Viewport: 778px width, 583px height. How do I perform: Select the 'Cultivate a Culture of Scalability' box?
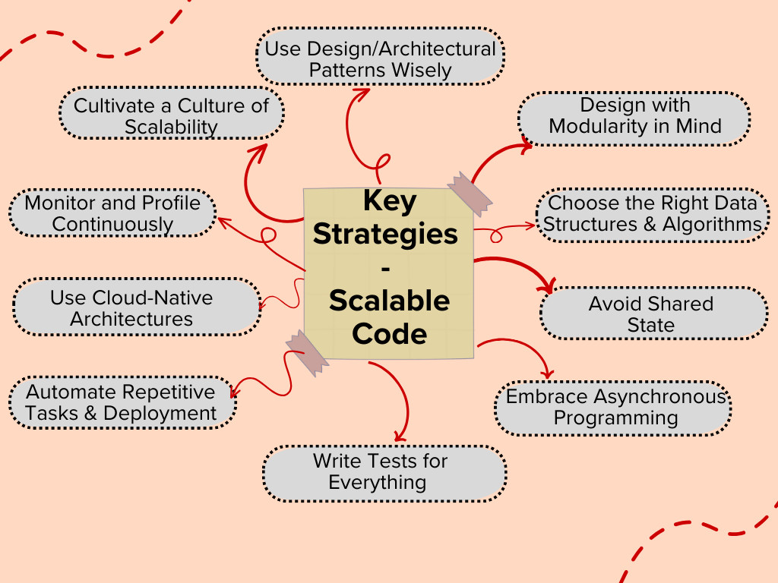pyautogui.click(x=171, y=115)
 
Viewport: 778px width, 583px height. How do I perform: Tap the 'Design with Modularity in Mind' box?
pyautogui.click(x=634, y=115)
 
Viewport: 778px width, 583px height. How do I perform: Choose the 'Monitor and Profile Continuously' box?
pyautogui.click(x=112, y=213)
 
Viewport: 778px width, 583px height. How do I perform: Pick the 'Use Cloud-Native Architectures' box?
pyautogui.click(x=137, y=308)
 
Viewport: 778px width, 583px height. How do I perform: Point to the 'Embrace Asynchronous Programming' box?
pyautogui.click(x=614, y=407)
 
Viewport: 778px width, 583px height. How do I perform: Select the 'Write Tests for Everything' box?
pyautogui.click(x=384, y=472)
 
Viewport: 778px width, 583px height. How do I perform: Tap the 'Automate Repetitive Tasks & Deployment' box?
pyautogui.click(x=122, y=402)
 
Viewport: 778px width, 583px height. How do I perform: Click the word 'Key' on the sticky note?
pyautogui.click(x=390, y=201)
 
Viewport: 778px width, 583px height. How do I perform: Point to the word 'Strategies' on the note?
pyautogui.click(x=386, y=234)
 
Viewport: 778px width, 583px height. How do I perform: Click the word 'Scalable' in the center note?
pyautogui.click(x=389, y=301)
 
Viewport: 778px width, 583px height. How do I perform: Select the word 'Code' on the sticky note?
pyautogui.click(x=389, y=333)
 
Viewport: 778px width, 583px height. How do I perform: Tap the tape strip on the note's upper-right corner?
pyautogui.click(x=470, y=194)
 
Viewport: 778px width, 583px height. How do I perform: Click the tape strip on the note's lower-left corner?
pyautogui.click(x=307, y=354)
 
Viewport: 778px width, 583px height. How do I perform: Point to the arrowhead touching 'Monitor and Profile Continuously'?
pyautogui.click(x=223, y=221)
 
